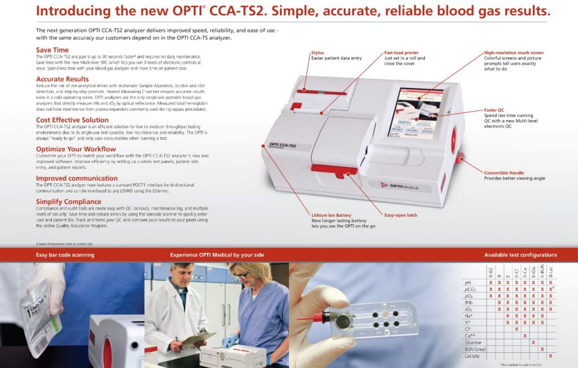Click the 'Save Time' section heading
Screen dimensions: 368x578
52,50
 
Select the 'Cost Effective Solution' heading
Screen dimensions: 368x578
72,120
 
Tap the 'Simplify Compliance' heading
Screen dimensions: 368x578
68,201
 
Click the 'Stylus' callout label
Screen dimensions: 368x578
317,53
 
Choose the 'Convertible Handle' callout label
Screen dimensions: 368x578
504,173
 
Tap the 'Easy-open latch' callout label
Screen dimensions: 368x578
401,215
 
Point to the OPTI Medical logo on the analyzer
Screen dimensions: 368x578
400,186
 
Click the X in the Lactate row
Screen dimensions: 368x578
550,356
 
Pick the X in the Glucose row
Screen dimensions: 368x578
533,342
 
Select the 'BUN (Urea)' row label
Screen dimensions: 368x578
475,349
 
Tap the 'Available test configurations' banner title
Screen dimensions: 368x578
520,255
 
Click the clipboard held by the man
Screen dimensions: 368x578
197,338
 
